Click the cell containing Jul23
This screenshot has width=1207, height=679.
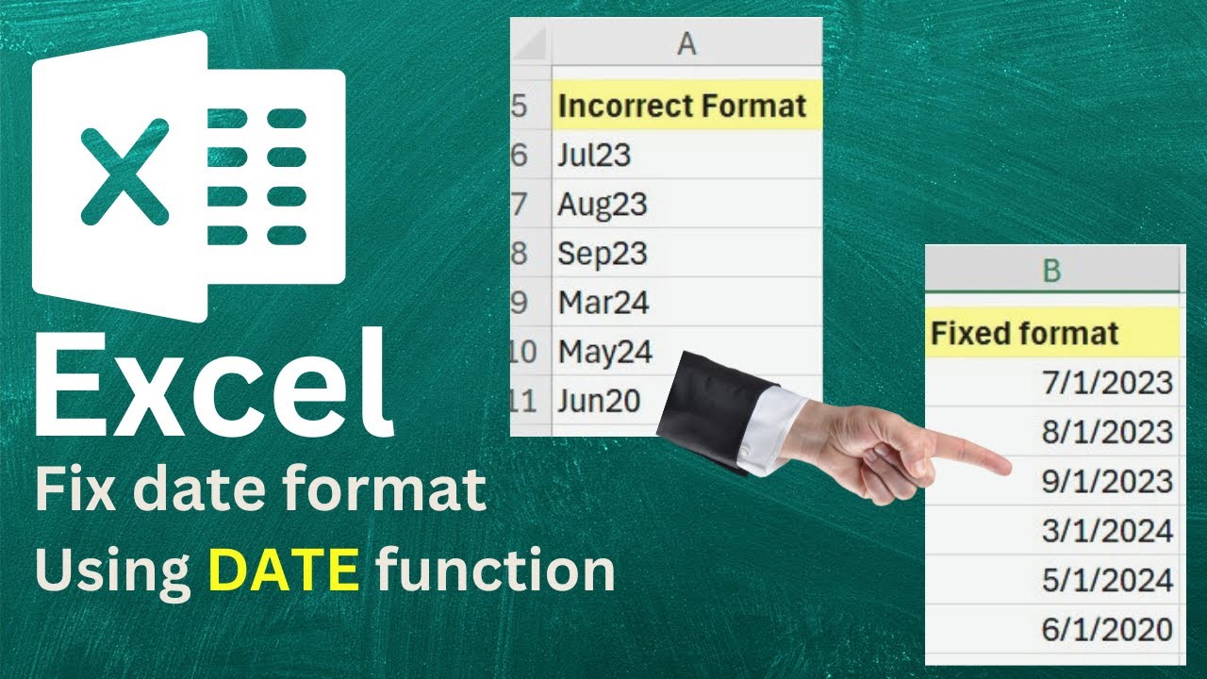coord(594,155)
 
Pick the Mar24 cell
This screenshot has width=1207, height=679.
coord(603,302)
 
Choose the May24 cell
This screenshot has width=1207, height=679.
coord(604,352)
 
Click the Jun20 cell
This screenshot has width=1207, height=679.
coord(600,401)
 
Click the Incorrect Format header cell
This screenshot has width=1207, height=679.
coord(683,106)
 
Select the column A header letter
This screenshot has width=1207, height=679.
coord(686,43)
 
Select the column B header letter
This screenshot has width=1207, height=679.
coord(1051,271)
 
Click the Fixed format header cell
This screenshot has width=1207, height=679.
coord(1025,332)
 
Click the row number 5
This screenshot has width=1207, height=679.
coord(520,106)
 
